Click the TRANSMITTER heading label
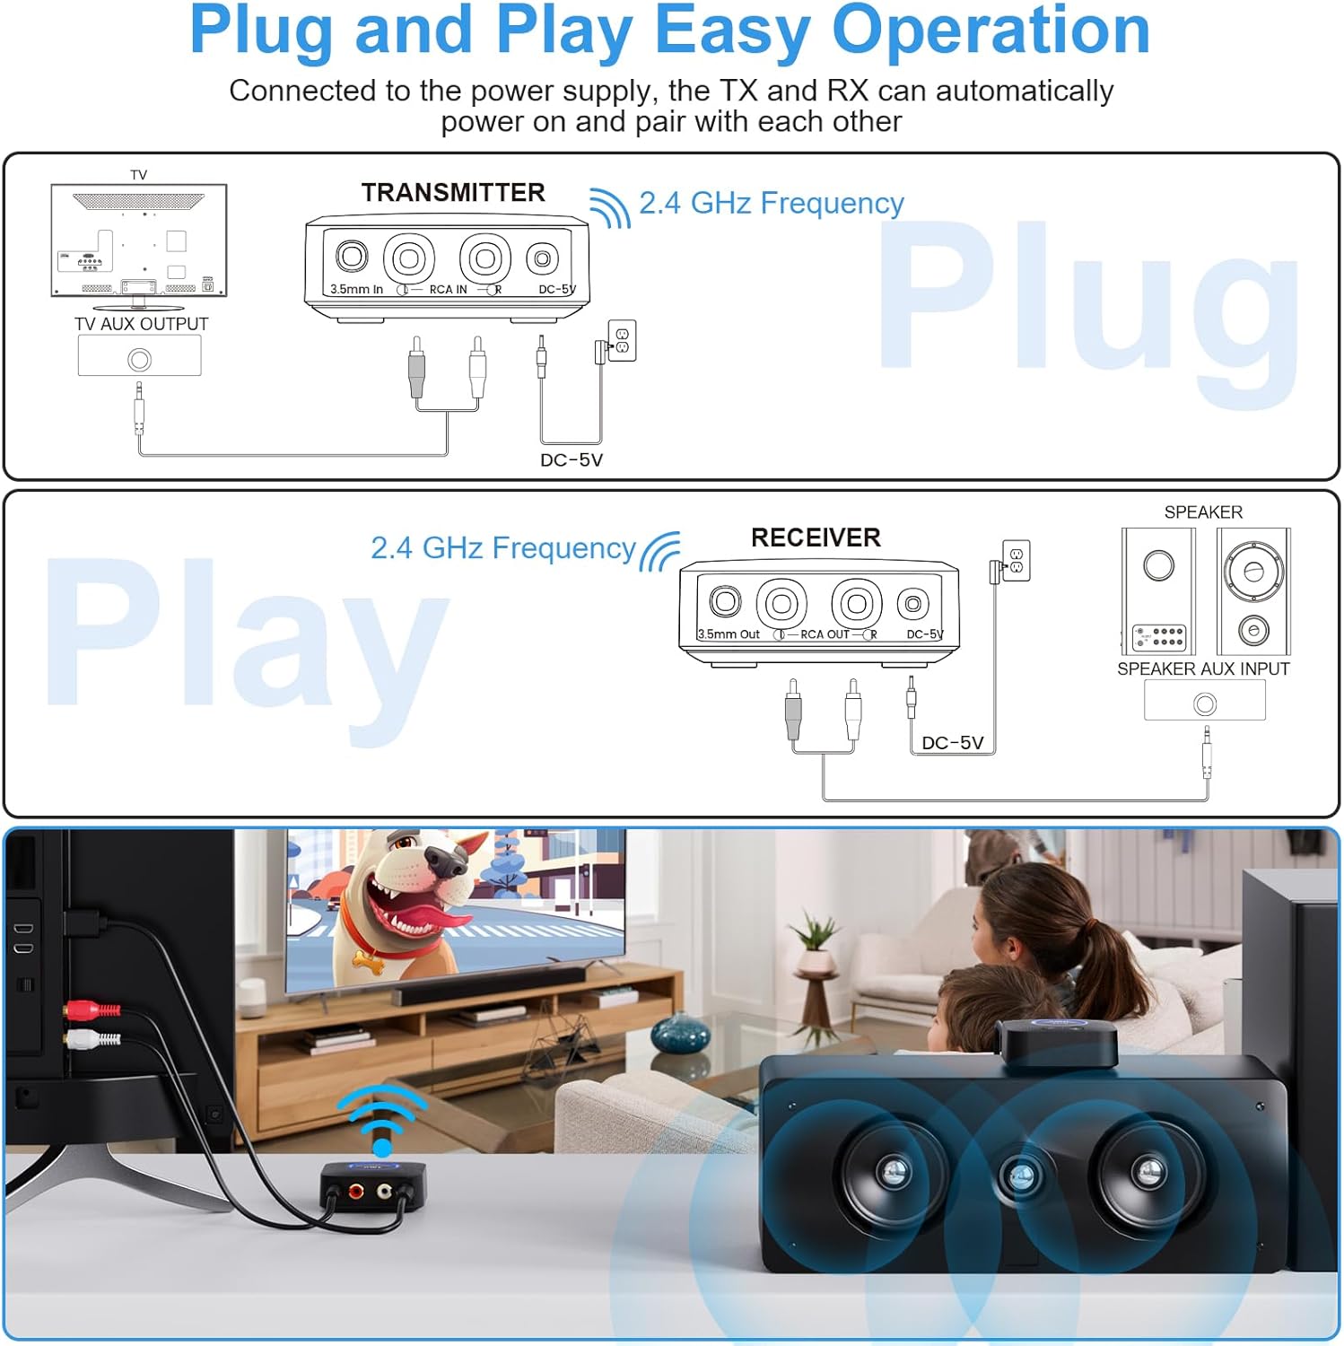(453, 193)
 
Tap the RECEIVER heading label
(816, 538)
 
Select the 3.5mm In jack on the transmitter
(352, 257)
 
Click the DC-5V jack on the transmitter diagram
(542, 259)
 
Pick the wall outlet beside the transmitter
(622, 341)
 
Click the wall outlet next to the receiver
(1016, 561)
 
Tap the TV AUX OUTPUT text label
(141, 324)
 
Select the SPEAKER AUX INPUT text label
(1203, 669)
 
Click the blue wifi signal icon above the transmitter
(382, 1117)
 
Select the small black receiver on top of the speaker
(1059, 1041)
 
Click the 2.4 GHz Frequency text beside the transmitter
(771, 204)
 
